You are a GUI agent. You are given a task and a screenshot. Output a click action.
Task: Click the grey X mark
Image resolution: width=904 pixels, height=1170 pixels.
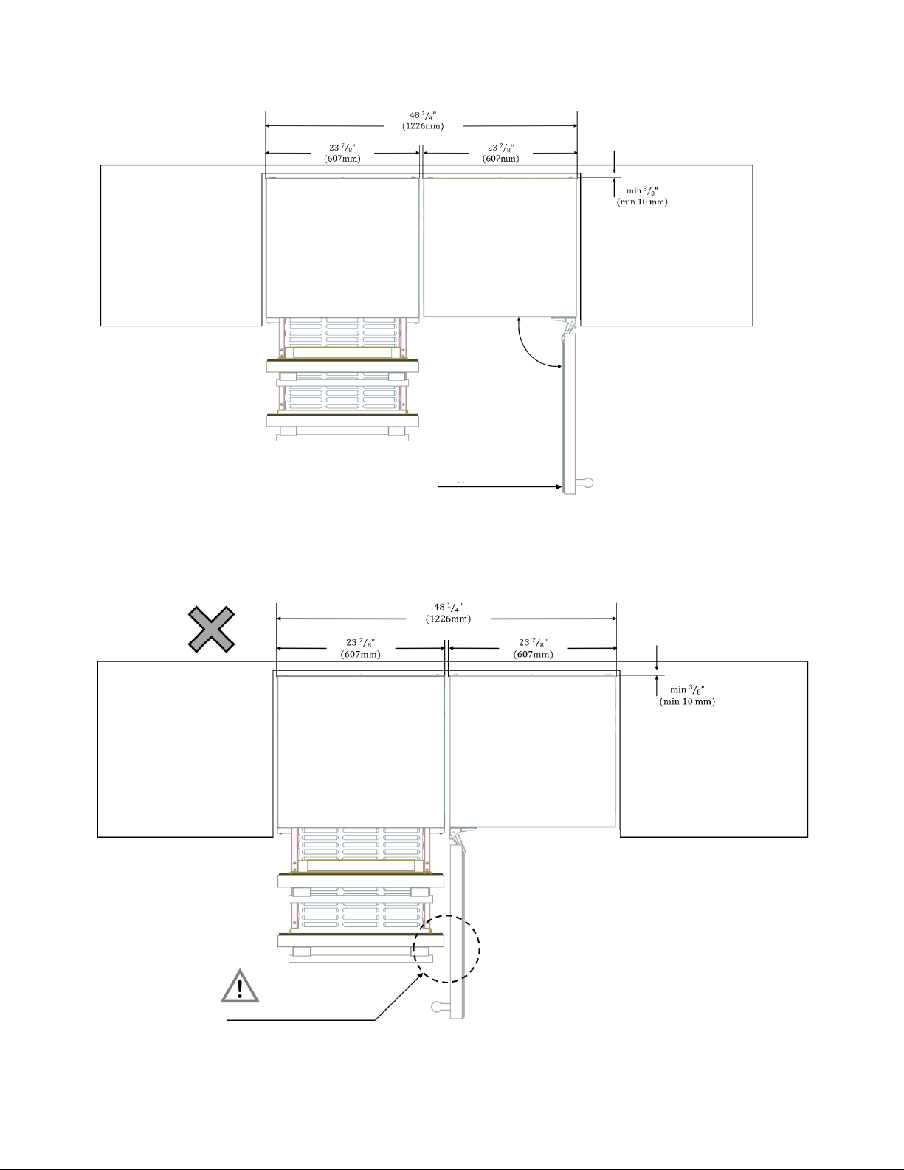tap(212, 629)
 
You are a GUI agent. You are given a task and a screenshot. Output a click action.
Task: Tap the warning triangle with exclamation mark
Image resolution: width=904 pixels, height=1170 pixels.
tap(240, 987)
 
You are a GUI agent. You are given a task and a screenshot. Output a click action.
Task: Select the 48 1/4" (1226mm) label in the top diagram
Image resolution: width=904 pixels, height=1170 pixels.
tap(423, 120)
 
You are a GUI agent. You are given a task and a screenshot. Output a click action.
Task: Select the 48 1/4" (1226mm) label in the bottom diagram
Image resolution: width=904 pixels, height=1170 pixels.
tap(448, 613)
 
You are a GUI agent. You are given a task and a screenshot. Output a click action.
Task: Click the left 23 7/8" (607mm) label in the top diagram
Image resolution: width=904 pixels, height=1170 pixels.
tap(342, 153)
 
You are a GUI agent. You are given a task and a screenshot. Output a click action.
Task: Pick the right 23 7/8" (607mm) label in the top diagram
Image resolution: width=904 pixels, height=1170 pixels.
tap(501, 153)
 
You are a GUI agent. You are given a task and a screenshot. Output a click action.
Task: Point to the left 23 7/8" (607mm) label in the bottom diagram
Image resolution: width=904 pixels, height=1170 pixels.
tap(361, 648)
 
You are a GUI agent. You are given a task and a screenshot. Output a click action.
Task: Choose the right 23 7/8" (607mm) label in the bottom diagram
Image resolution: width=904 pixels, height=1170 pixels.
tap(534, 648)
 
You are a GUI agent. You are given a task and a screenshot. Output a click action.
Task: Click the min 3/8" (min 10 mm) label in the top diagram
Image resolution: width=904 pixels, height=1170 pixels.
tap(642, 196)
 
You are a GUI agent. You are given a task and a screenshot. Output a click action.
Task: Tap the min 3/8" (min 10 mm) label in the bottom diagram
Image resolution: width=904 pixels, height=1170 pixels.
tap(687, 695)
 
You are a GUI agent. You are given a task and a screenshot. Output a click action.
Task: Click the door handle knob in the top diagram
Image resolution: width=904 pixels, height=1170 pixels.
tap(585, 482)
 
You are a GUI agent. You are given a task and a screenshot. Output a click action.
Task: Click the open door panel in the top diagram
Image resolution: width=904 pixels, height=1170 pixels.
tap(569, 413)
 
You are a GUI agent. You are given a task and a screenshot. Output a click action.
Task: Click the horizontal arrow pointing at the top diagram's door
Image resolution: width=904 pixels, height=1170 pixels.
tap(500, 486)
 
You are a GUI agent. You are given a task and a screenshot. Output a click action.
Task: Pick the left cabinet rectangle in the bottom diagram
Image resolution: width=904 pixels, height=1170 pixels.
tap(185, 749)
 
